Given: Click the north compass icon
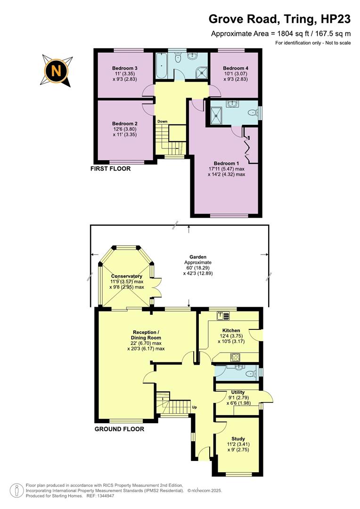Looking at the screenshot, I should pos(57,71).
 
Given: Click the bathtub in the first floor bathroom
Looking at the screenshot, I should pos(161,67).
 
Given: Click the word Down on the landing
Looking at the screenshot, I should pos(163,121).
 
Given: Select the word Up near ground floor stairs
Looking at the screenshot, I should pos(194,407).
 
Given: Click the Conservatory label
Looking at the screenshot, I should pos(127,276).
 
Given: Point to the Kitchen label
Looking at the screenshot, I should pos(231,330).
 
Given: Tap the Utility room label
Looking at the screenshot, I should pos(237,392).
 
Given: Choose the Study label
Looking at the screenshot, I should pos(238,439).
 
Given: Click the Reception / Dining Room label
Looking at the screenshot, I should pos(147,335).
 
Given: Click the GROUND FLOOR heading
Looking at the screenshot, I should pos(119,429).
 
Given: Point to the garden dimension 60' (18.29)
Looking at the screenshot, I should pos(198,268).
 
